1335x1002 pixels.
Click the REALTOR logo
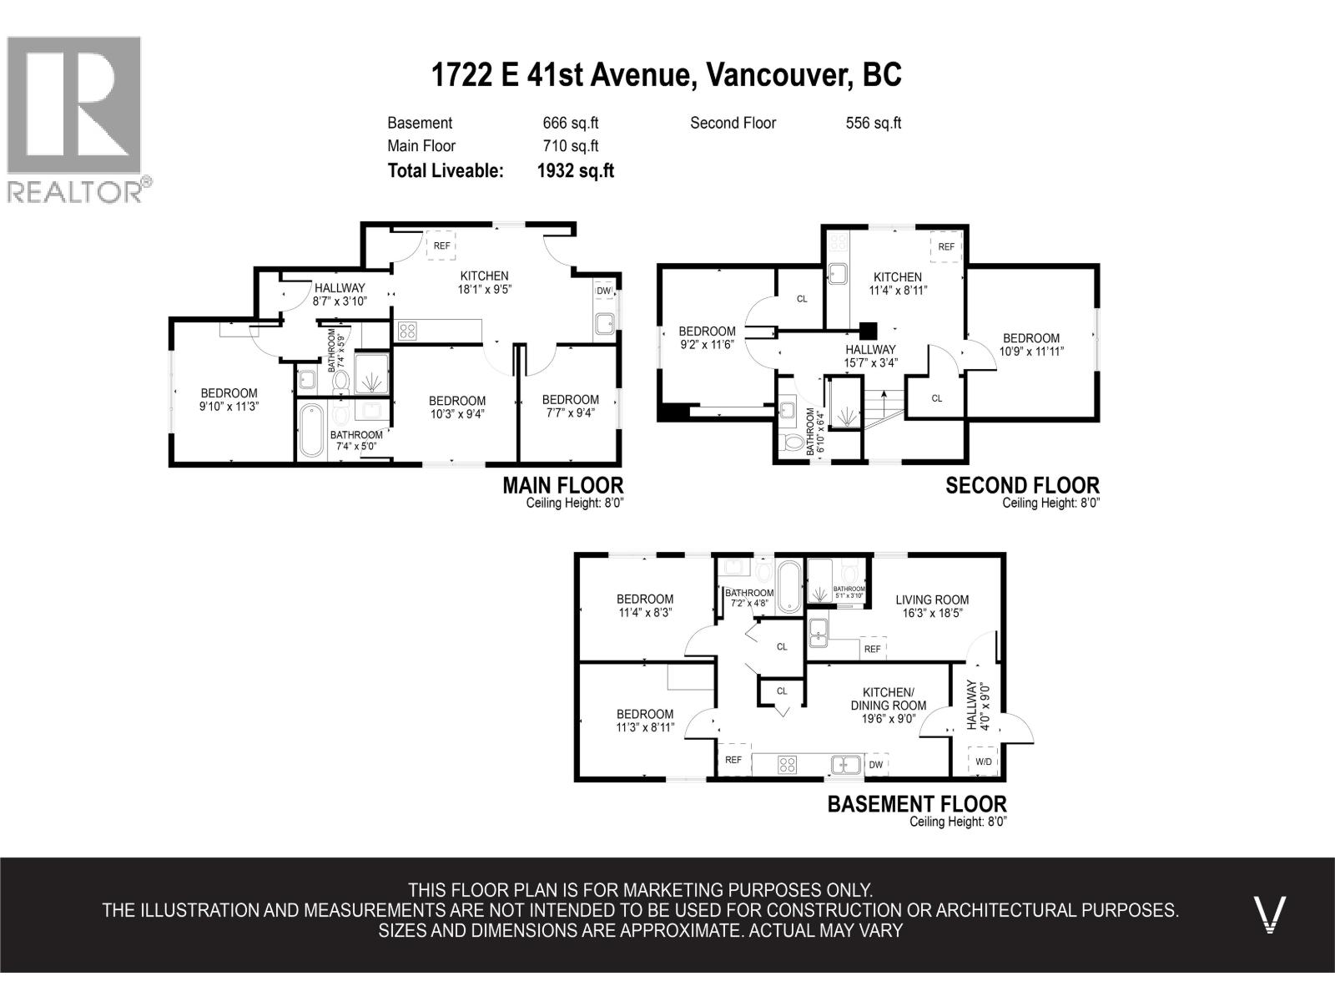point(79,119)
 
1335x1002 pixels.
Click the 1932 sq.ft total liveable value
point(576,171)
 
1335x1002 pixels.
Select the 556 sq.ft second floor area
point(874,123)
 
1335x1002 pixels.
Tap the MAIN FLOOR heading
point(562,485)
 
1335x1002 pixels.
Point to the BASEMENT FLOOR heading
point(917,803)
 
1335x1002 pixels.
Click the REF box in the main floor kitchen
point(441,245)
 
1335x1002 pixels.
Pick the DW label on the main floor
point(603,291)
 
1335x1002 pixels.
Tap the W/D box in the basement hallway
point(984,761)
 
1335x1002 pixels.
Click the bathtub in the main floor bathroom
point(310,430)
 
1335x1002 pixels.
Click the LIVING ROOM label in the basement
point(932,600)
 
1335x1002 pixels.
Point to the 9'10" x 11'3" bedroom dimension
point(229,407)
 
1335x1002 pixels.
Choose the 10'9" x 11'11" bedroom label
point(1031,351)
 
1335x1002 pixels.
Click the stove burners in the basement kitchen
point(787,765)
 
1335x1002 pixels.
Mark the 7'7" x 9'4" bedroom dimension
point(571,413)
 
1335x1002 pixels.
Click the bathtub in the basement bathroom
point(789,586)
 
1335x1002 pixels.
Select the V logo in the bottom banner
point(1270,914)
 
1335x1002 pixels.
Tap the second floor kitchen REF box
point(946,246)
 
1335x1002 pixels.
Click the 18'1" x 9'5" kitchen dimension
point(485,290)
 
